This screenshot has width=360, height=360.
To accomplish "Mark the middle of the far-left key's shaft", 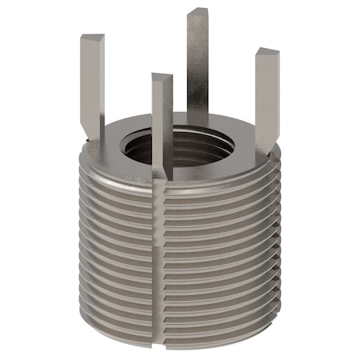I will pos(92,88).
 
